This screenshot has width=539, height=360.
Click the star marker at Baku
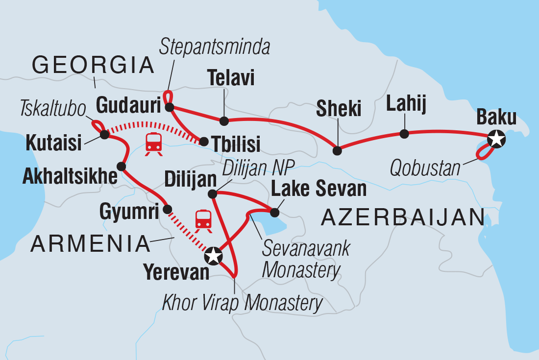pos(496,140)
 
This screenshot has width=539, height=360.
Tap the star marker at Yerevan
pos(214,255)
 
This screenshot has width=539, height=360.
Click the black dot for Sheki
pos(337,150)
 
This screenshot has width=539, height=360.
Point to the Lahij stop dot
pos(404,134)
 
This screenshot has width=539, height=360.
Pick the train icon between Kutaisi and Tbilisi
pos(154,143)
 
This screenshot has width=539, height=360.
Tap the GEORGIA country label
pos(93,65)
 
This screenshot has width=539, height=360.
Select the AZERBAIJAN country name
pos(403,217)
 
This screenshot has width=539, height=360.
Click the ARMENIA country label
pos(90,243)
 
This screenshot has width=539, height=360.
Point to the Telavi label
pos(231,77)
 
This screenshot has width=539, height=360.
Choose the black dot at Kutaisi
pos(104,134)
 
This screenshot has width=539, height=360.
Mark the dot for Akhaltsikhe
pos(121,167)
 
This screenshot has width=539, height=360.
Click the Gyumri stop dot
pos(167,210)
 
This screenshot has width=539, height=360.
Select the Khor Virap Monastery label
pos(243,303)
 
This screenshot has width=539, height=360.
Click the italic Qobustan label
pos(425,168)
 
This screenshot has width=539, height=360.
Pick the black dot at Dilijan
pos(212,194)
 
